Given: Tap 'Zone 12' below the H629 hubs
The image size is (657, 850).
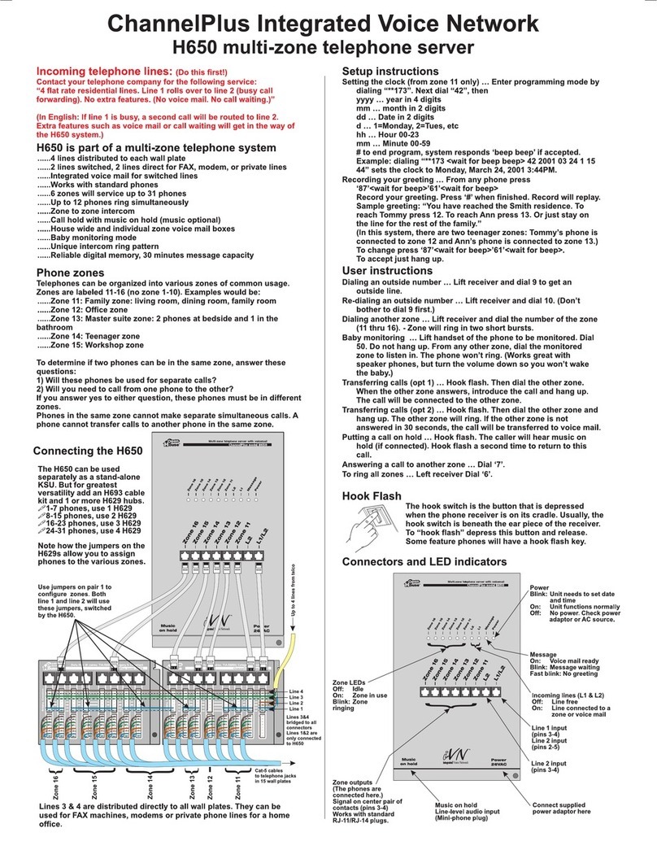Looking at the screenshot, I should [x=211, y=785].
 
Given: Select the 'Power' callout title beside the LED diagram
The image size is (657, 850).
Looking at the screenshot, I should [x=540, y=586].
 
